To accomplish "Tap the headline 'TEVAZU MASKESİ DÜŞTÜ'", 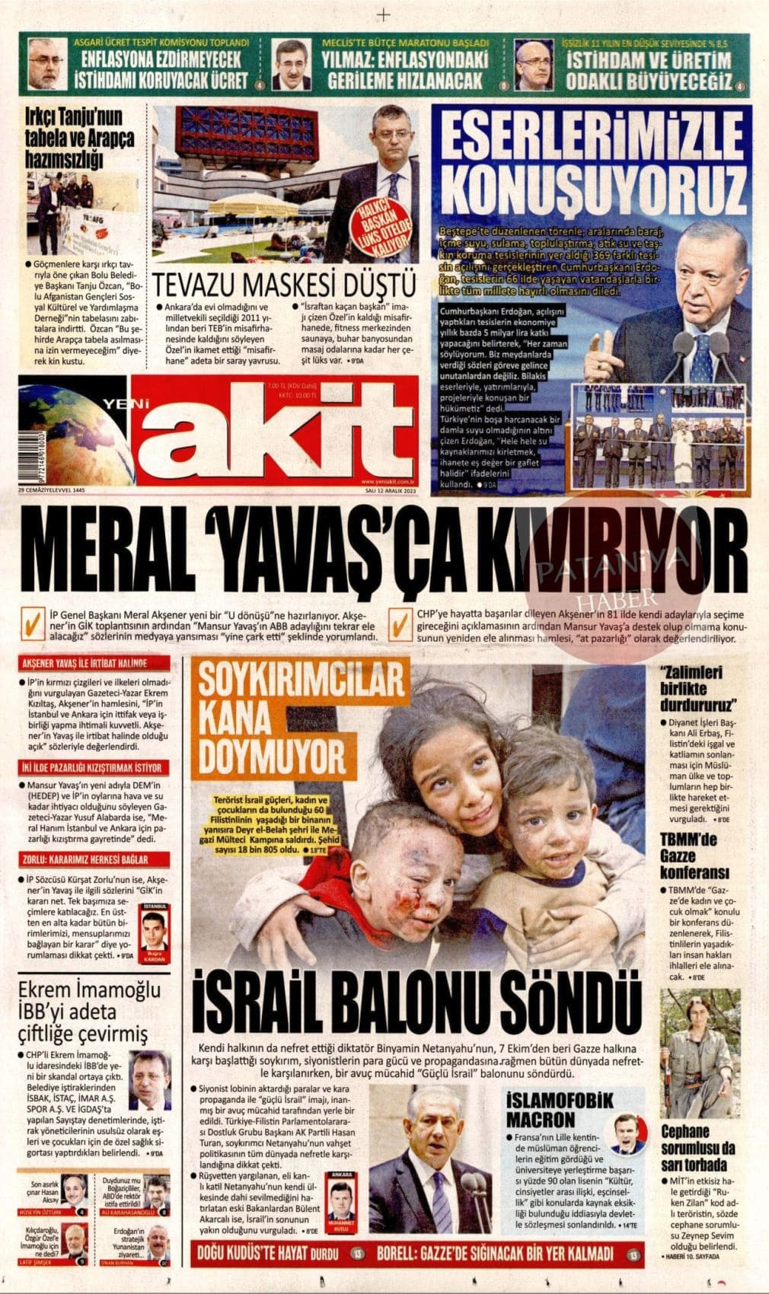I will pyautogui.click(x=285, y=284).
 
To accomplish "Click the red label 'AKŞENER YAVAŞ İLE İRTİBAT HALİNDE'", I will pyautogui.click(x=85, y=664).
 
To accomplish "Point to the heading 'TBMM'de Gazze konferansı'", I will pyautogui.click(x=694, y=856).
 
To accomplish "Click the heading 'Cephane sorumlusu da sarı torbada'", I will pyautogui.click(x=697, y=1148).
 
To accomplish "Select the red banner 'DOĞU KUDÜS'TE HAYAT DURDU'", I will pyautogui.click(x=272, y=1252).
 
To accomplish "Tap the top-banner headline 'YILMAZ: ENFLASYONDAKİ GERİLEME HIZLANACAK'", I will pyautogui.click(x=404, y=69).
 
